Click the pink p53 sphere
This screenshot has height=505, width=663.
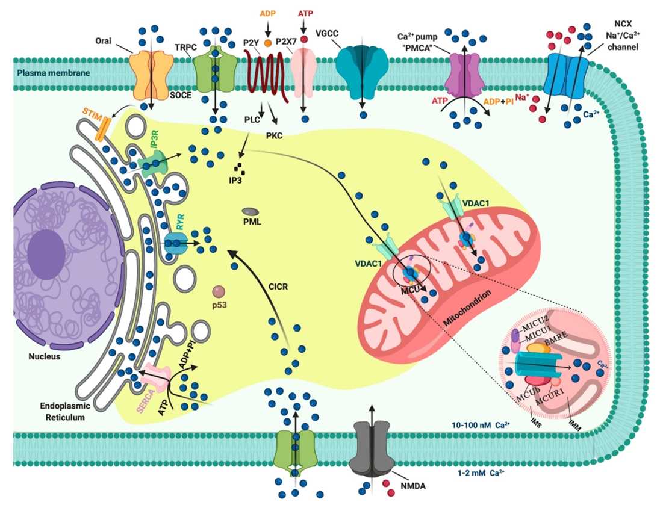click(x=218, y=291)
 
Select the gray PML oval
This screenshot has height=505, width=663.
click(x=251, y=212)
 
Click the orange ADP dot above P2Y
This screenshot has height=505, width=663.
click(x=267, y=26)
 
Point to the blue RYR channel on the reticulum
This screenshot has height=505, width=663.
click(x=175, y=243)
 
